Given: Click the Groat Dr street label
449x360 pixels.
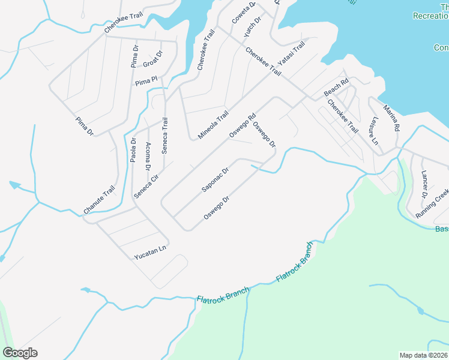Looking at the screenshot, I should point(152,61).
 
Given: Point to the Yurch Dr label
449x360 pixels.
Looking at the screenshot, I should point(253,28).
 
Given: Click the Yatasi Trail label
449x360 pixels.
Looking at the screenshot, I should point(292,56).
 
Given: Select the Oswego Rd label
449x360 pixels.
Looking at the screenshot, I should point(243,125).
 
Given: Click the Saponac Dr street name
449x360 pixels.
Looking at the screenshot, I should point(215,179).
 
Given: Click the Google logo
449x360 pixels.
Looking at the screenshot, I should point(20,353).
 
